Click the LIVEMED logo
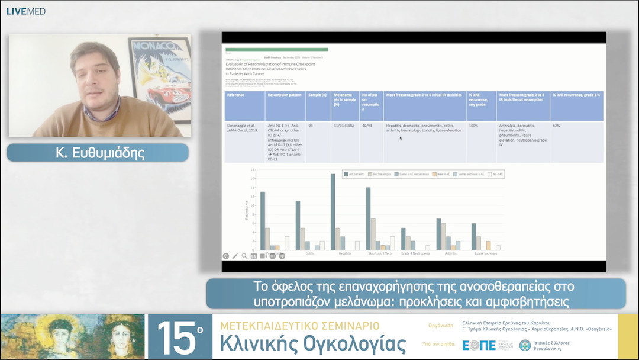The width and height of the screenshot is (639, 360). click(x=25, y=11)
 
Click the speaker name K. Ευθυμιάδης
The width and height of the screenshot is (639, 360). click(x=98, y=153)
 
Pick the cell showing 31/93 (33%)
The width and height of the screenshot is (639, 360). click(x=344, y=126)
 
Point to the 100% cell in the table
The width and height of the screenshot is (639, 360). click(x=473, y=126)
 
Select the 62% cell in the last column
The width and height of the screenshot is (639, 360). click(x=556, y=126)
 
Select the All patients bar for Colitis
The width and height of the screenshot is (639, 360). click(x=298, y=226)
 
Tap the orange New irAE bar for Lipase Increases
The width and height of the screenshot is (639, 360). click(x=488, y=246)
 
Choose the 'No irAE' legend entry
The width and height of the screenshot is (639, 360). click(x=498, y=175)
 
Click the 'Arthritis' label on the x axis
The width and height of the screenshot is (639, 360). click(x=450, y=253)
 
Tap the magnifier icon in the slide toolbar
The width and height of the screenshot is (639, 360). click(x=244, y=256)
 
